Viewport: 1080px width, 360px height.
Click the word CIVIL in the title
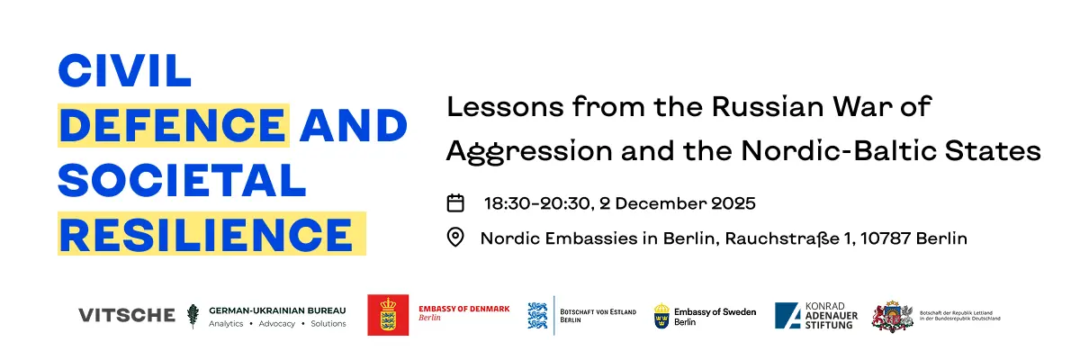[x=124, y=71]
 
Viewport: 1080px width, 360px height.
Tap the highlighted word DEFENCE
[x=173, y=125]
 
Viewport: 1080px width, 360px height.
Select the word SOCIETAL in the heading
[x=182, y=180]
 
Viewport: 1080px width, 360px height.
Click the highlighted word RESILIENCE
[x=206, y=235]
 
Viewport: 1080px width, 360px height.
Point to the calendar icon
[x=455, y=202]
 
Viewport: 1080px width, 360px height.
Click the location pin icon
[x=455, y=238]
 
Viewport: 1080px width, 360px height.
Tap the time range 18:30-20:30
[x=536, y=203]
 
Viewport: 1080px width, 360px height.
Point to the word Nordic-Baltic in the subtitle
[x=839, y=151]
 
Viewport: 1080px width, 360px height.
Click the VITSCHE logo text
[x=127, y=315]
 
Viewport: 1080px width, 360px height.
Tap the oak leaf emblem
[x=193, y=316]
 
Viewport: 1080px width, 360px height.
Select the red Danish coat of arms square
[x=388, y=315]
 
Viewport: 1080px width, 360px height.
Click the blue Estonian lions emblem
[x=537, y=316]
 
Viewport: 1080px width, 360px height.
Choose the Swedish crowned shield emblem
[x=661, y=316]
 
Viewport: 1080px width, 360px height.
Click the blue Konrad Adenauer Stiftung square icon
[x=787, y=316]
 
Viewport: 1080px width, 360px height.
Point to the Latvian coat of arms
[x=893, y=317]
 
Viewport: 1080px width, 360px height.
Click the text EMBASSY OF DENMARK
[x=463, y=309]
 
